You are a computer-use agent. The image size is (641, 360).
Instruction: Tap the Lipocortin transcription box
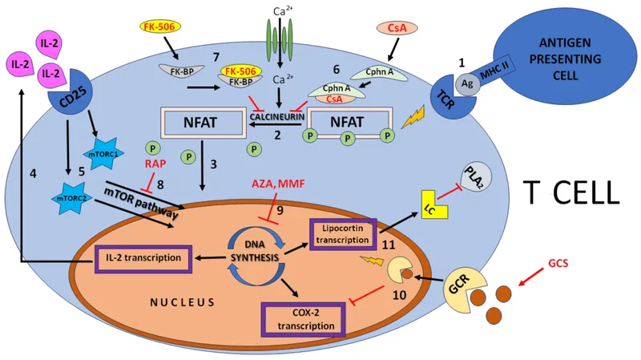pyautogui.click(x=341, y=233)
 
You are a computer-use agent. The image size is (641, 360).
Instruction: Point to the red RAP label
pyautogui.click(x=156, y=164)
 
